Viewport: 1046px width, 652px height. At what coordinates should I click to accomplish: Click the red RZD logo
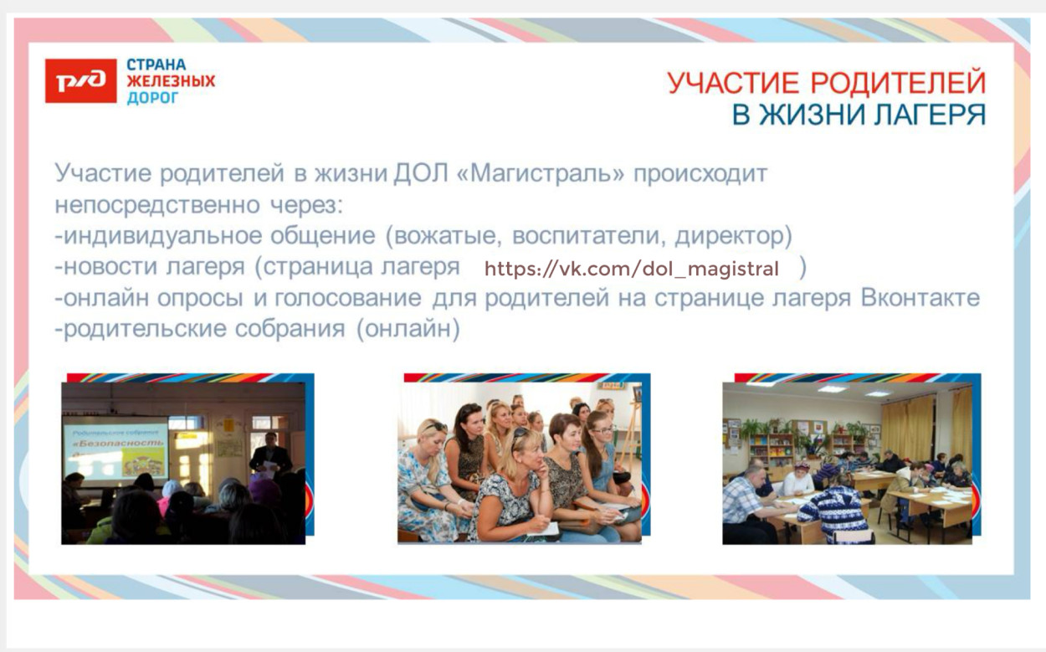point(80,80)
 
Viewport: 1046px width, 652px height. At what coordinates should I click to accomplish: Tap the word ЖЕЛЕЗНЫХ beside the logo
point(170,81)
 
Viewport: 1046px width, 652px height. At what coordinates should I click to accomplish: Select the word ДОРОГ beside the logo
point(152,98)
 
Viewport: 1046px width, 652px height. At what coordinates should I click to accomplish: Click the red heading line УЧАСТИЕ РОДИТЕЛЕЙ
point(826,84)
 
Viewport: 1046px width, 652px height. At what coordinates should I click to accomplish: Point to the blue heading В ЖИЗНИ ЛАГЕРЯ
point(859,115)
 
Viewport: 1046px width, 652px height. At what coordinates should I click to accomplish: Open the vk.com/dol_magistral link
point(632,270)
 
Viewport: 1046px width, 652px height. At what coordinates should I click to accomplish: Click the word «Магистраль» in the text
point(541,175)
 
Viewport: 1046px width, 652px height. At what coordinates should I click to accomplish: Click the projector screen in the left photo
point(116,447)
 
